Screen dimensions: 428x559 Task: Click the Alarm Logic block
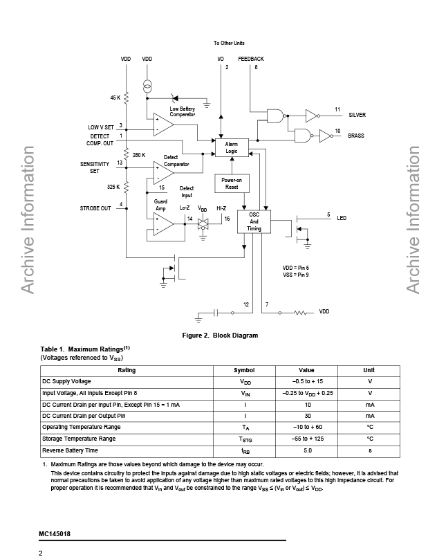click(232, 147)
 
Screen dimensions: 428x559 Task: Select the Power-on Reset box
click(232, 183)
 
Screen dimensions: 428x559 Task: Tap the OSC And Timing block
click(254, 222)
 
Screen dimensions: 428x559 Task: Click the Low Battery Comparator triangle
click(164, 125)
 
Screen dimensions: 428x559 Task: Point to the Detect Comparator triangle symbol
click(164, 172)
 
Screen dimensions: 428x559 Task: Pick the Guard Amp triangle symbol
click(164, 224)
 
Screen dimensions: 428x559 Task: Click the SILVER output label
click(357, 115)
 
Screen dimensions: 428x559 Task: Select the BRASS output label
click(356, 136)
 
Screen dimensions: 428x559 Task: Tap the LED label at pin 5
click(342, 218)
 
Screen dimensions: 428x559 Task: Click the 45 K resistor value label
click(115, 98)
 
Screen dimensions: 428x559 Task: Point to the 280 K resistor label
click(139, 155)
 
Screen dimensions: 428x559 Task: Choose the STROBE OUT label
click(95, 208)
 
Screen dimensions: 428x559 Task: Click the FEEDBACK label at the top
click(251, 59)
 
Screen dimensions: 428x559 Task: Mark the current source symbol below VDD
click(147, 86)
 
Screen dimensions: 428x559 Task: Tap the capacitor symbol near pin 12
click(216, 313)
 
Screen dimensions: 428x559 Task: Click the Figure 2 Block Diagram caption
click(220, 336)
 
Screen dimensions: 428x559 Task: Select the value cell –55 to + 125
click(308, 439)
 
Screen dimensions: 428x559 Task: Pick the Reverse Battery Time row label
click(70, 450)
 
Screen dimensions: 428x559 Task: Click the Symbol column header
click(244, 370)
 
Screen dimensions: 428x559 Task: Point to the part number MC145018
click(55, 533)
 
